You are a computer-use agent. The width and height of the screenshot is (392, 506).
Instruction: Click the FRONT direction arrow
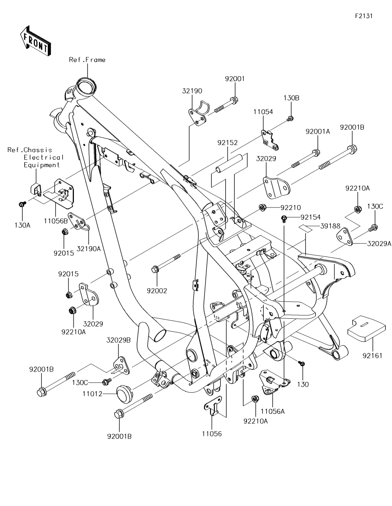pos(35,40)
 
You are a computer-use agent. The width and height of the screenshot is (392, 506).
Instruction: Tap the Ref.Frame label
pos(87,60)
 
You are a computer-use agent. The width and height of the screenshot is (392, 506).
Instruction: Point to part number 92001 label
pos(235,79)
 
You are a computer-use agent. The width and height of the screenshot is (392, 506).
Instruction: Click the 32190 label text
pos(192,91)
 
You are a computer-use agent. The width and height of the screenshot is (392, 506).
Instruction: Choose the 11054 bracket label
pos(263,112)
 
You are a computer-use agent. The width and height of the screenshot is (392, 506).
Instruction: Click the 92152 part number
pos(227,143)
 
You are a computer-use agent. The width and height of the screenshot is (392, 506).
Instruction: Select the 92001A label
pos(318,131)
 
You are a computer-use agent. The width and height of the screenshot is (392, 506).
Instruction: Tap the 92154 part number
pos(310,217)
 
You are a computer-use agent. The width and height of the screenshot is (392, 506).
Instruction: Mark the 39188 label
pos(330,226)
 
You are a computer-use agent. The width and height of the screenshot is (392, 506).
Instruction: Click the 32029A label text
pos(379,243)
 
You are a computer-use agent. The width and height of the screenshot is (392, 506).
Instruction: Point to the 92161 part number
pos(373,355)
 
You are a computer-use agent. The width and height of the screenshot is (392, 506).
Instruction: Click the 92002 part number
pos(157,291)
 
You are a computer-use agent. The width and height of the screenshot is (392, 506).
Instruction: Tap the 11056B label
pos(55,221)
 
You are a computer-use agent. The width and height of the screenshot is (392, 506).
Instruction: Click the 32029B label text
pos(118,340)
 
